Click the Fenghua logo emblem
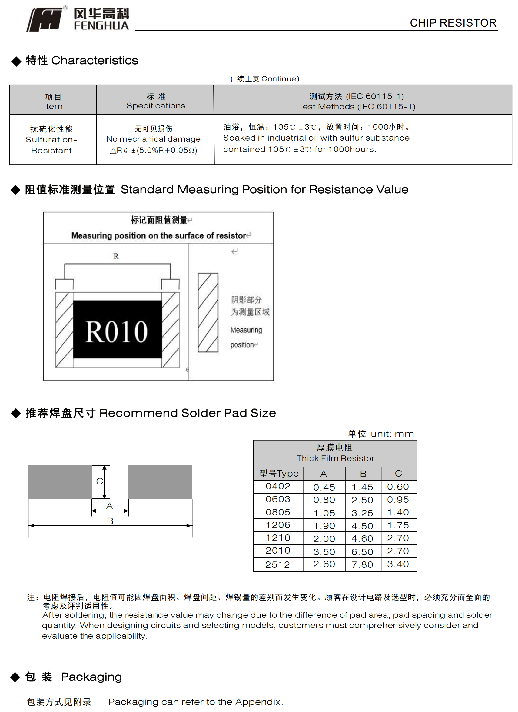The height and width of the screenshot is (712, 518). [x=45, y=19]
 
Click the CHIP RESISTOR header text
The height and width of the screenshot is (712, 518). [x=453, y=23]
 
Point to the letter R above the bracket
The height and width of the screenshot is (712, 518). [x=116, y=256]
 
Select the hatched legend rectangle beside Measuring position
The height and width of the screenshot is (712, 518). [x=208, y=312]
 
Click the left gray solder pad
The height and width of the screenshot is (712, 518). [x=60, y=481]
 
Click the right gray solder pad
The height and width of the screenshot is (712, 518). [x=160, y=481]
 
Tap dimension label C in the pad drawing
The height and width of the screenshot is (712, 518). [x=100, y=481]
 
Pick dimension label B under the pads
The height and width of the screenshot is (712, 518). [x=110, y=521]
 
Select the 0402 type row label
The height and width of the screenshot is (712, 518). [x=278, y=486]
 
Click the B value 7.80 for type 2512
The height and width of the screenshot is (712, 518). [x=362, y=565]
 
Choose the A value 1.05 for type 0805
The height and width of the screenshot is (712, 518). [x=324, y=513]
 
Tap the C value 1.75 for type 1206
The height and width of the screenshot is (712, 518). [x=398, y=525]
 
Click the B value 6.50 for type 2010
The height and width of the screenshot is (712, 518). [x=362, y=552]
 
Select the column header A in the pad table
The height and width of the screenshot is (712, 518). [x=323, y=474]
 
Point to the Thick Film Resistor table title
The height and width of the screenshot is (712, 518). [x=335, y=458]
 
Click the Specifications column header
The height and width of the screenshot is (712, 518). [x=156, y=106]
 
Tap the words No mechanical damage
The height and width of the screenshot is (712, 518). [x=153, y=139]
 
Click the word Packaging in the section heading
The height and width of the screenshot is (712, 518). [x=91, y=677]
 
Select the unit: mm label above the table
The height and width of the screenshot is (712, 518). [x=392, y=434]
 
